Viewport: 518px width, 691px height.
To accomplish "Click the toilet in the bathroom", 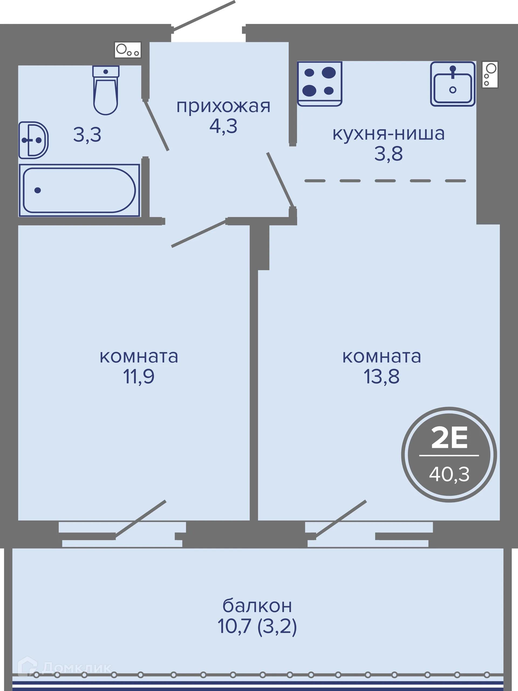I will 106,91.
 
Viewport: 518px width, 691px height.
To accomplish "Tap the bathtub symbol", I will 79,190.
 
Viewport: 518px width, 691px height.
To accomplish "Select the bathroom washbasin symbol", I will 33,140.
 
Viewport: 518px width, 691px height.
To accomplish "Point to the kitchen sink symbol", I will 452,84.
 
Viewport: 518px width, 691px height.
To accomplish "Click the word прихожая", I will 223,106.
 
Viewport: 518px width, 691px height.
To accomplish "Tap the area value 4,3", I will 223,126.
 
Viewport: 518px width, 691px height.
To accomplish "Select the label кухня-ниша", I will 388,134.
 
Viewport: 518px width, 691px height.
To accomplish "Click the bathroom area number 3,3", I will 87,135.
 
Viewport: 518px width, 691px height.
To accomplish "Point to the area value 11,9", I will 139,376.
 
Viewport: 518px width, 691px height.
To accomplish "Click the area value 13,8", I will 381,376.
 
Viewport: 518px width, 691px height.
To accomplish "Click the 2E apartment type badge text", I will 449,438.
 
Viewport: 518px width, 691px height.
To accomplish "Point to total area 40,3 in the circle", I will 449,474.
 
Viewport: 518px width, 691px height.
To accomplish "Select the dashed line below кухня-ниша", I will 385,181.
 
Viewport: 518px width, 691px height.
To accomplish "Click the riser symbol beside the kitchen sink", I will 489,75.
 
